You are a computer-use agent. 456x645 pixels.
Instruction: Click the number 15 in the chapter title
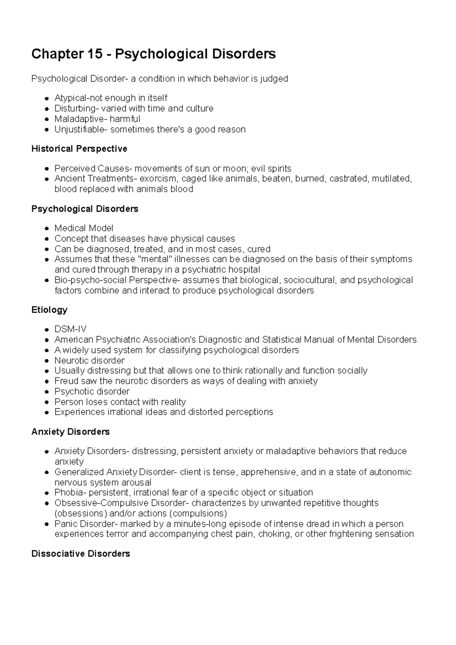[93, 54]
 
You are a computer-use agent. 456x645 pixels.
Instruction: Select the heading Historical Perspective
[79, 149]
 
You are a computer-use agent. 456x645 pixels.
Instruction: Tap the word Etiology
[49, 310]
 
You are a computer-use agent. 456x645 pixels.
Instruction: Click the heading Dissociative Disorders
[81, 553]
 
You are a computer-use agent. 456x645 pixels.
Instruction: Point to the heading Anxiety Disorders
[70, 432]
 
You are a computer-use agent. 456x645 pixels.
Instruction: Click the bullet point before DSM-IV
[46, 329]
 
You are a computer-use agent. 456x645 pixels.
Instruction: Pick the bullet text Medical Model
[84, 228]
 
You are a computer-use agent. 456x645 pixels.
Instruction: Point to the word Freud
[65, 381]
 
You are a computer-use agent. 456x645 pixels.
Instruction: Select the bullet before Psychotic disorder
[46, 392]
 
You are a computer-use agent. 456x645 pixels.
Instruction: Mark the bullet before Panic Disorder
[46, 524]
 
